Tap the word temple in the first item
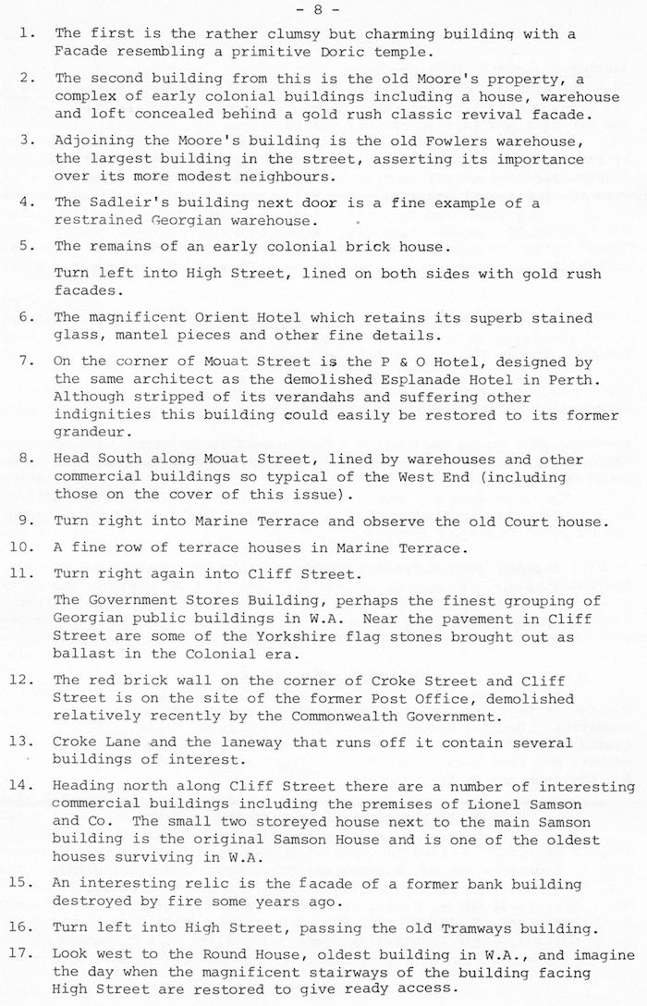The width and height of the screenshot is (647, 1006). click(x=405, y=52)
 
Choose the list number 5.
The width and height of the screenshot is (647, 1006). click(x=27, y=246)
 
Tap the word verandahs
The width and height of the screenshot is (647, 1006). click(x=266, y=398)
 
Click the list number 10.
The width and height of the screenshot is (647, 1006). click(x=24, y=547)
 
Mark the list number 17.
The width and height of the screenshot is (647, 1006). click(x=24, y=954)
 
